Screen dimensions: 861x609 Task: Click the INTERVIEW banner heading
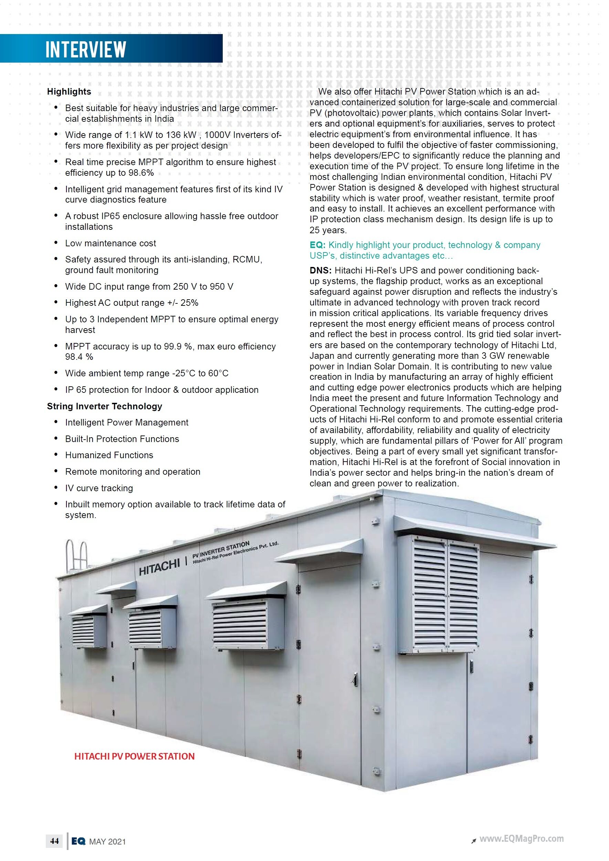(86, 49)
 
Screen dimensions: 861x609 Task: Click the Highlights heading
(69, 92)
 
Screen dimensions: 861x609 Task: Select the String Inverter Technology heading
(104, 406)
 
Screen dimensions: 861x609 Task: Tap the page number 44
(54, 841)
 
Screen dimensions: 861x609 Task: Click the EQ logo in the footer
(78, 841)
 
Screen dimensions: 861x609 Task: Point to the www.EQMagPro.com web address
(521, 839)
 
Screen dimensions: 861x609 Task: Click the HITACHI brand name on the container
(159, 567)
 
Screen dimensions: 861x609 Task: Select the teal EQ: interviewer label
(317, 245)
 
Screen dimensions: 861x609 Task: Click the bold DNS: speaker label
(321, 270)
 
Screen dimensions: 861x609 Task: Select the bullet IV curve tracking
(99, 488)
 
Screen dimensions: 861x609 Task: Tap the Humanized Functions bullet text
(109, 455)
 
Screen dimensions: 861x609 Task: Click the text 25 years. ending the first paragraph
(328, 230)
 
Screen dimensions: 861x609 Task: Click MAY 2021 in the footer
(107, 841)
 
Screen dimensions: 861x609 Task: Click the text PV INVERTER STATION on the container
(221, 549)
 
